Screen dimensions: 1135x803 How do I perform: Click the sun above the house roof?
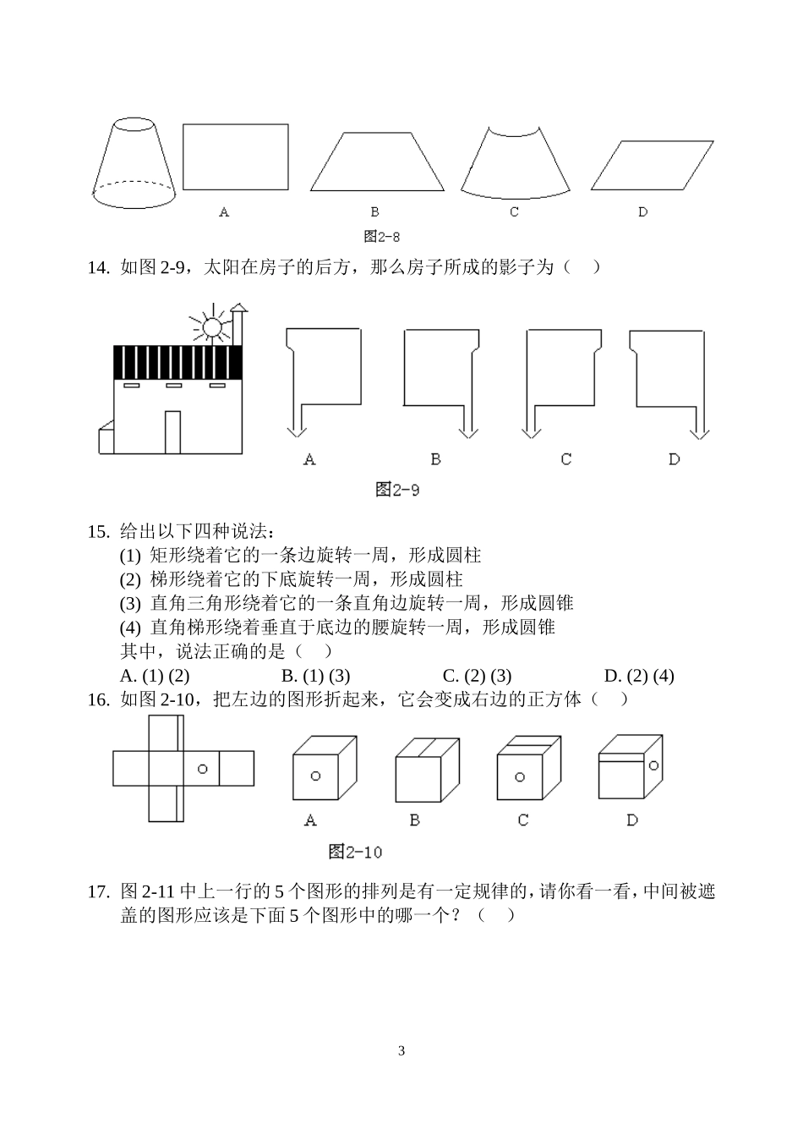coord(211,326)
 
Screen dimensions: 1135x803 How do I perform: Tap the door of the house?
coord(172,431)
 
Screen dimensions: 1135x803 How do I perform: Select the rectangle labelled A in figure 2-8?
coord(235,157)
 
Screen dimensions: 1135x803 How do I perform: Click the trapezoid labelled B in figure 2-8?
coord(376,162)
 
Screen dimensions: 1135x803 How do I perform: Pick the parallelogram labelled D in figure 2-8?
coord(651,165)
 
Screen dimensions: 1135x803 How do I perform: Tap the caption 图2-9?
coord(397,490)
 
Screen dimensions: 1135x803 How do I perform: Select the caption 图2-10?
coord(355,852)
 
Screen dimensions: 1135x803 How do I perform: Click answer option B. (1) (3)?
coord(315,676)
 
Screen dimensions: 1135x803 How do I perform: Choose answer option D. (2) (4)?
coord(639,676)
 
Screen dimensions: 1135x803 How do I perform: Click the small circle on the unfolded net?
coord(202,769)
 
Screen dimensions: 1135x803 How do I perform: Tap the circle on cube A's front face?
coord(315,776)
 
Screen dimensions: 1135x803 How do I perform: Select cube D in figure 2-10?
coord(631,765)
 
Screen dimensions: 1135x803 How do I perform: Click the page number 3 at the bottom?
coord(401,1051)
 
